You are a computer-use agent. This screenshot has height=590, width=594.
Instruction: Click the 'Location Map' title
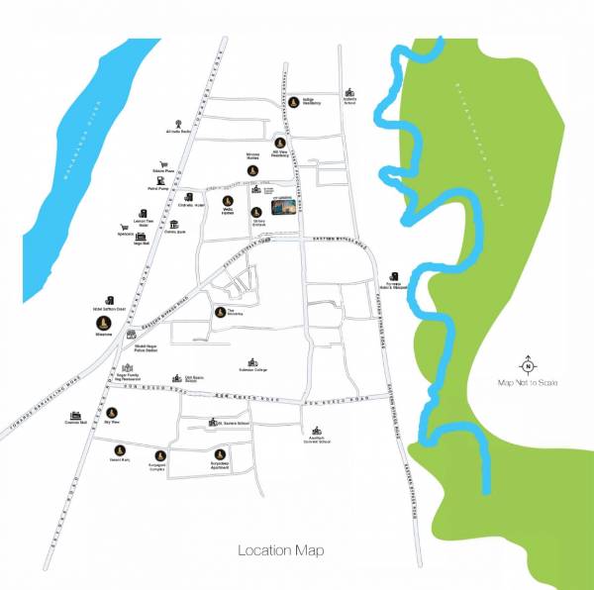[x=281, y=550]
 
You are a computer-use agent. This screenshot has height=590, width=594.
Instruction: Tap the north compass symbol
[x=528, y=365]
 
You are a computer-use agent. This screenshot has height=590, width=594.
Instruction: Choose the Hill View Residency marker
[x=279, y=142]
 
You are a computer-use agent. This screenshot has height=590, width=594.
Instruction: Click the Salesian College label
[x=253, y=371]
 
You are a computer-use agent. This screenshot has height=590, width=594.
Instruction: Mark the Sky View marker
[x=111, y=408]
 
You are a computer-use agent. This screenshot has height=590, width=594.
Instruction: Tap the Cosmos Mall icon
[x=73, y=417]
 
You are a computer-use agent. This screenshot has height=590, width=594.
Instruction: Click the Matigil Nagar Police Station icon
[x=130, y=335]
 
